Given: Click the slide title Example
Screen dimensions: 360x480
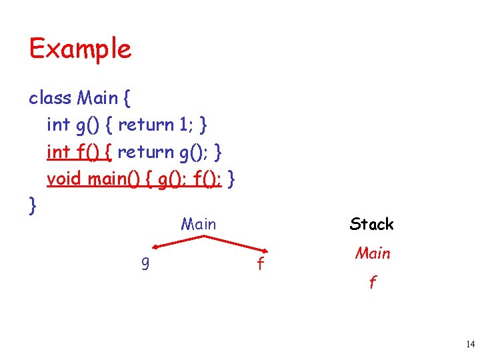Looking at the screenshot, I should (80, 49).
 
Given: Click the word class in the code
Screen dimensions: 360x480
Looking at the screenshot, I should (50, 98).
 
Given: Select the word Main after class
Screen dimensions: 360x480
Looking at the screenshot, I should (97, 98).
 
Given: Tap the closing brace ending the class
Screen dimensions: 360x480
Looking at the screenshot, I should (33, 205).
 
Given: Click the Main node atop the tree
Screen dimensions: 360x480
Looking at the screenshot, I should (199, 224).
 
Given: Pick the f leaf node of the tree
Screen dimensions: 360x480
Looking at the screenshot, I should (260, 265).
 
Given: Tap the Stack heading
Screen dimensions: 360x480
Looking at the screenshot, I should (371, 224).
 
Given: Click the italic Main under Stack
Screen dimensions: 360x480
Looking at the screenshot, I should (373, 253).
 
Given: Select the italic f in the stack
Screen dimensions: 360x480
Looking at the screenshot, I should (373, 283).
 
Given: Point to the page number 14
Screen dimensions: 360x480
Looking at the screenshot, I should (470, 345).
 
